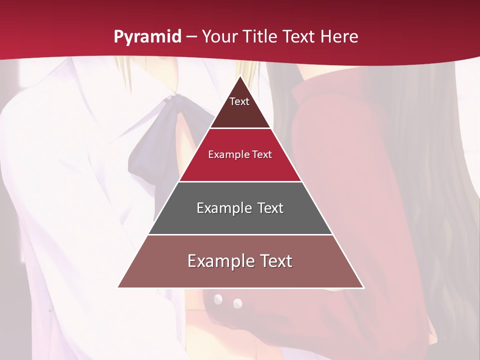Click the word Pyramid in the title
pyautogui.click(x=147, y=37)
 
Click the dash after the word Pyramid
pyautogui.click(x=191, y=37)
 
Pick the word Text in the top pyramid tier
pyautogui.click(x=239, y=101)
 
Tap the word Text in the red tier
pyautogui.click(x=262, y=154)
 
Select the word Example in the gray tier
pyautogui.click(x=220, y=208)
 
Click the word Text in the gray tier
pyautogui.click(x=270, y=208)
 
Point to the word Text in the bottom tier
pyautogui.click(x=276, y=261)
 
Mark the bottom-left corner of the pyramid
pyautogui.click(x=118, y=287)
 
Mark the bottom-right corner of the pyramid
pyautogui.click(x=363, y=287)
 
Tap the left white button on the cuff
pyautogui.click(x=218, y=299)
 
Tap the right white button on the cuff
pyautogui.click(x=237, y=303)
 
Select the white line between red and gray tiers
pyautogui.click(x=240, y=181)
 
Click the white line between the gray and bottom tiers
pyautogui.click(x=240, y=234)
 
